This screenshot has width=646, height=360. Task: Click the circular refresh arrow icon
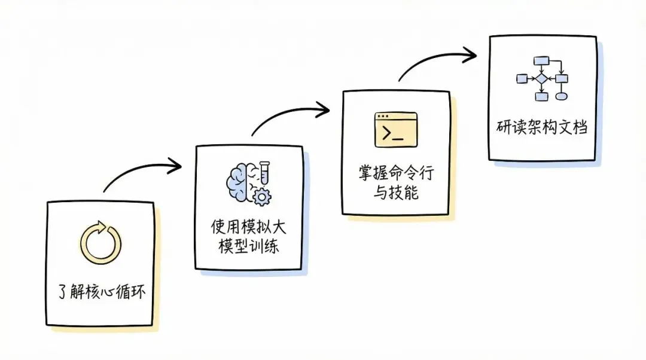[x=100, y=243]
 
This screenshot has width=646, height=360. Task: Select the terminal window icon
[x=395, y=129]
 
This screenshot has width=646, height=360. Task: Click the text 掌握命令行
[x=395, y=173]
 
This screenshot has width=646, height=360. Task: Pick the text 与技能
[x=395, y=193]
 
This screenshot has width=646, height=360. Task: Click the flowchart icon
[x=542, y=78]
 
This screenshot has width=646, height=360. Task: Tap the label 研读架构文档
[x=542, y=127]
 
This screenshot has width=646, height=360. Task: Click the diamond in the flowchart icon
[x=541, y=78]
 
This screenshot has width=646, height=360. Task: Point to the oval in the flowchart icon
[x=561, y=96]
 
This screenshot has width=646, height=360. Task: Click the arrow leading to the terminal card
[x=292, y=115]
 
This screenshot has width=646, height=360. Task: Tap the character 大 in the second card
[x=281, y=227]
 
